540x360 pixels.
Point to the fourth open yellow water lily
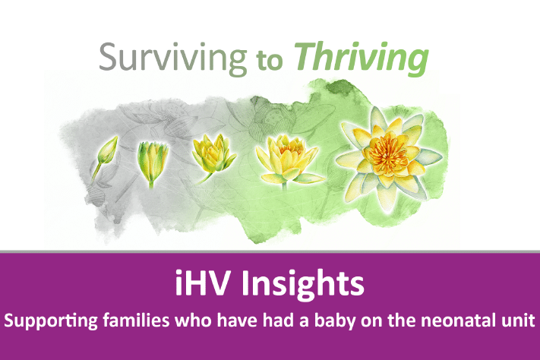tap(285, 158)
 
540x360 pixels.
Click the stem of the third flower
tap(206, 176)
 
